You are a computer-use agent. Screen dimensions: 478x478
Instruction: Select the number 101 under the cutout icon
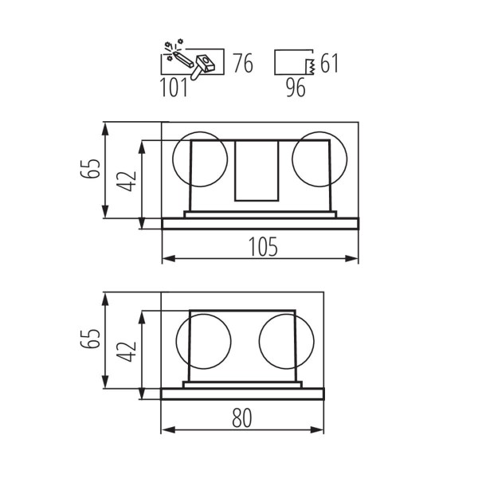click(x=174, y=88)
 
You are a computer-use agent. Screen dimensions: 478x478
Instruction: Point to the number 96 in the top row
click(x=295, y=88)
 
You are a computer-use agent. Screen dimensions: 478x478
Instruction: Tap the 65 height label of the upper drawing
click(x=93, y=170)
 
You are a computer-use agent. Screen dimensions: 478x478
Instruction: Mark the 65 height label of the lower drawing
click(x=93, y=342)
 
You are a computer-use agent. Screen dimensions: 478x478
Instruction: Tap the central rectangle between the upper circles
click(x=256, y=170)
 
